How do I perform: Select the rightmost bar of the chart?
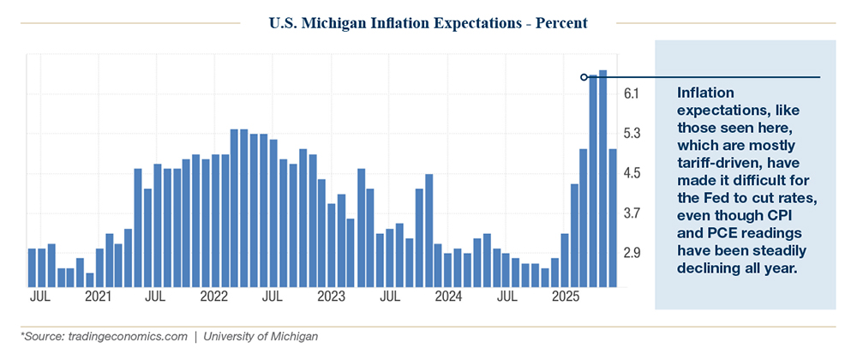click(613, 218)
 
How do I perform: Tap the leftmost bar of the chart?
click(32, 267)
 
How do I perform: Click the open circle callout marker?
click(584, 77)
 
